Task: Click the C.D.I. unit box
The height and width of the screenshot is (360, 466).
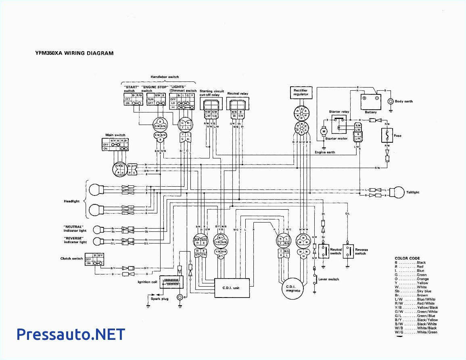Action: point(231,288)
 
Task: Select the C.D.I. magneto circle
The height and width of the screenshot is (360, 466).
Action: point(293,288)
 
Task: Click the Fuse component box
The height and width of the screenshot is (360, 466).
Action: point(387,135)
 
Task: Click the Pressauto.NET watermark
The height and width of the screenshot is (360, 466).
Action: point(71,334)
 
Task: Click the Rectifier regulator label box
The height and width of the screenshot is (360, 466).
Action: point(301,92)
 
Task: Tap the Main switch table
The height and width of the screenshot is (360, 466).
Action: point(115,144)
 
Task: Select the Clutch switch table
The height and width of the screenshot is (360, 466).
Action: point(94,259)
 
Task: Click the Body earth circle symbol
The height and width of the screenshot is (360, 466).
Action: point(390,101)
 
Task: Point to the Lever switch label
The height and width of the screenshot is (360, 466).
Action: point(329,279)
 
